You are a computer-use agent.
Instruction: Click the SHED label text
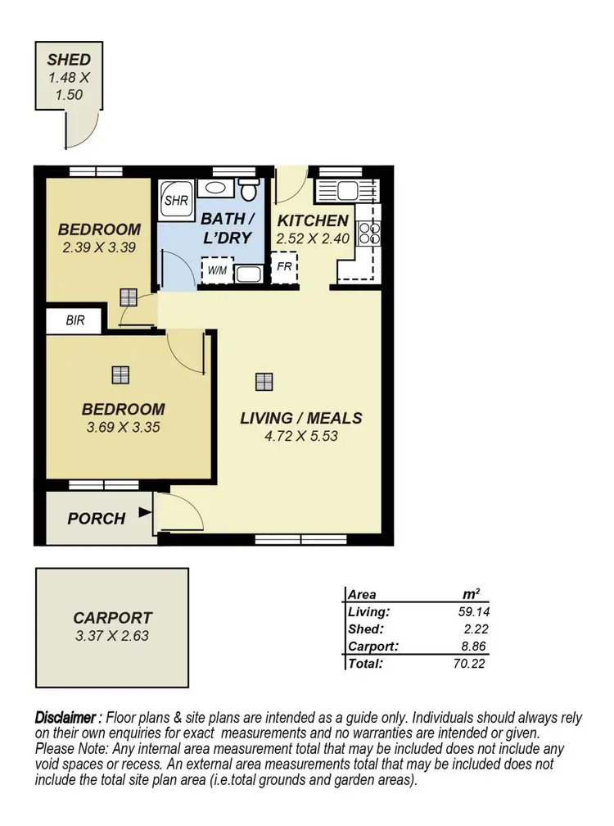point(69,60)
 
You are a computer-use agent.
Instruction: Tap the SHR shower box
point(174,199)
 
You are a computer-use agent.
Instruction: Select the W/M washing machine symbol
point(217,270)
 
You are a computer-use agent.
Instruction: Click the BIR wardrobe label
point(75,320)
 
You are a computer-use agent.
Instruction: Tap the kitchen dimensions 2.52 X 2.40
point(313,239)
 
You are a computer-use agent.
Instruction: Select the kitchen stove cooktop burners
point(368,232)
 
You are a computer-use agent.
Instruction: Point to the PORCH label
point(97,519)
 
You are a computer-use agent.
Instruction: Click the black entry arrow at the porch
point(145,514)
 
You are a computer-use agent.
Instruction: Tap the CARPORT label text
point(112,618)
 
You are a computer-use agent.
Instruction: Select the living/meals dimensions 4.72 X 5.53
point(300,436)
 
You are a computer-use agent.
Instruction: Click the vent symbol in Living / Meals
point(263,381)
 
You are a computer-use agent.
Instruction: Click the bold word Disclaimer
point(69,717)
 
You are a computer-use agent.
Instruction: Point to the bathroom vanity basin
point(215,188)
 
